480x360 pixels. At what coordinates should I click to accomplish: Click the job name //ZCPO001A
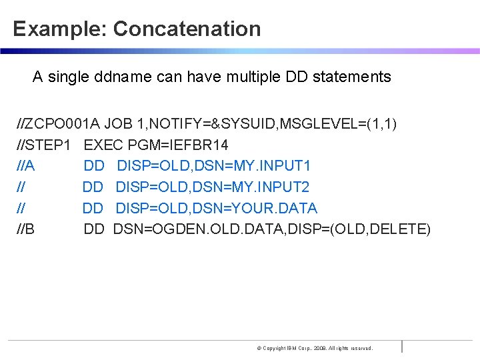[59, 123]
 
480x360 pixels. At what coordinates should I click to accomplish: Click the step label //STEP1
[45, 145]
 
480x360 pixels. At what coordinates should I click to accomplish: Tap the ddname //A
[26, 166]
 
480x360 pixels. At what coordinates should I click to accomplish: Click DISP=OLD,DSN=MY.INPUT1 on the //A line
[213, 166]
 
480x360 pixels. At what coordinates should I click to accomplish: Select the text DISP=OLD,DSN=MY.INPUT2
[212, 187]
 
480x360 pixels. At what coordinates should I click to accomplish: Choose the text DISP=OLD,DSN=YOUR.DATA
[216, 209]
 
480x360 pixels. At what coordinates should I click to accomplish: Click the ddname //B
[26, 230]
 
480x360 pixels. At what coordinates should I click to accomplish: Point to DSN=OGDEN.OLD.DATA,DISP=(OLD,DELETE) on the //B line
[272, 230]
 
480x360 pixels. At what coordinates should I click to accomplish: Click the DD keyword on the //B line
[94, 230]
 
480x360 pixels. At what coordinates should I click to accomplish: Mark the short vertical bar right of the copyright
[402, 346]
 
